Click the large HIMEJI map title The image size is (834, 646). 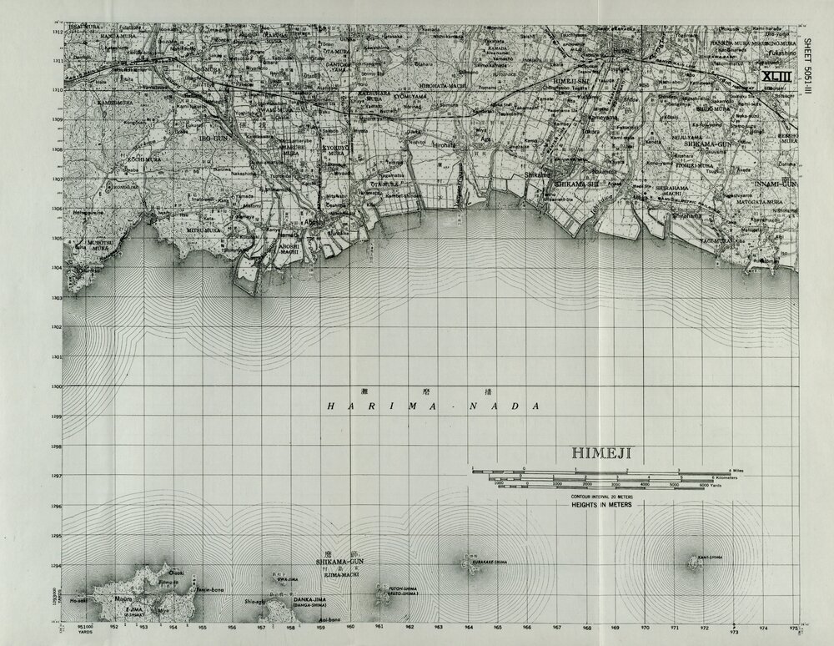pos(602,453)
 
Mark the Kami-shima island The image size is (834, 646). pos(693,563)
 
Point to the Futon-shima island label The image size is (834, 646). pos(399,592)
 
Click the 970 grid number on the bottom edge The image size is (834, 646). pos(645,625)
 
